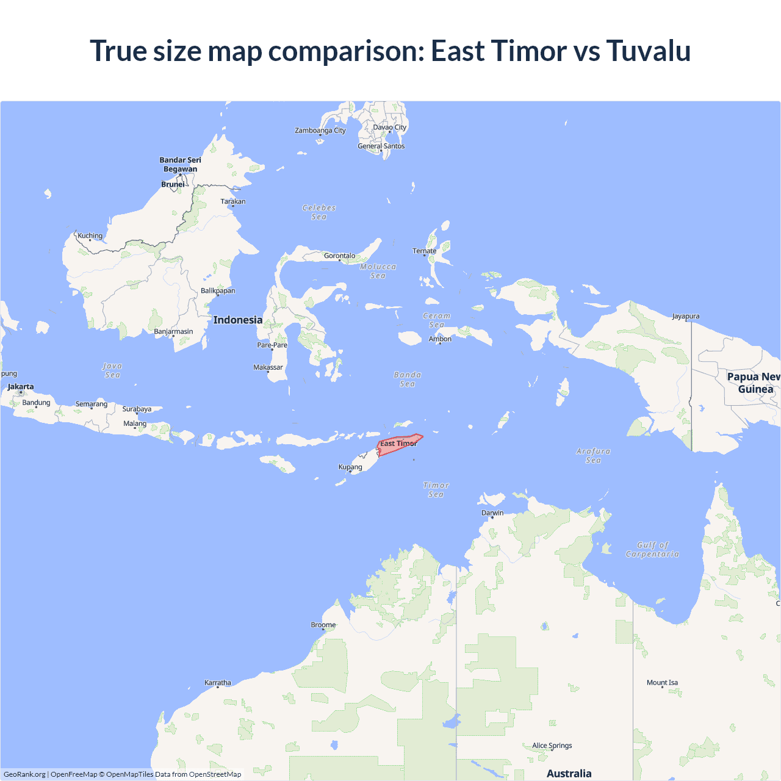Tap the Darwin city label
[x=492, y=513]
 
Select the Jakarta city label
[x=21, y=387]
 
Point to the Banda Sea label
[x=408, y=379]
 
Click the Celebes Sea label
[x=319, y=212]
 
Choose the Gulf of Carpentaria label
[x=652, y=549]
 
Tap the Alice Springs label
[x=552, y=746]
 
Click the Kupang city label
[x=350, y=467]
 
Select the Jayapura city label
[x=686, y=316]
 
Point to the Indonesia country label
[x=238, y=320]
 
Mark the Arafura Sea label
[x=593, y=455]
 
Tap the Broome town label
[x=323, y=625]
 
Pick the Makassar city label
[x=268, y=367]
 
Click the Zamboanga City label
[x=320, y=130]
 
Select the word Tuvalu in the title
[x=649, y=51]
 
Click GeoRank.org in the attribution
[x=24, y=774]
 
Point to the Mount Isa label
[x=662, y=683]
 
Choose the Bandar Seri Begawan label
[x=180, y=165]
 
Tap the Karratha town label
[x=218, y=683]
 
